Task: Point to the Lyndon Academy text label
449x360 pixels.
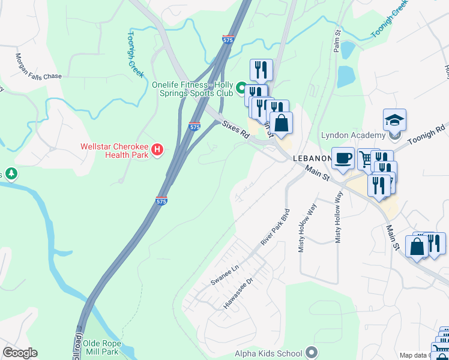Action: (x=355, y=135)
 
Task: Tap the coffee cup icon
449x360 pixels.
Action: (x=343, y=158)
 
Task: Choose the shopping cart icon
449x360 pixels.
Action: (x=365, y=159)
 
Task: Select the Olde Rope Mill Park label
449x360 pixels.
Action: (x=102, y=347)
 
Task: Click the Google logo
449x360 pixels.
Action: (x=20, y=353)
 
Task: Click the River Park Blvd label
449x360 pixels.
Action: (x=276, y=226)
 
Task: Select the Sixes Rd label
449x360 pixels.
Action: (x=235, y=130)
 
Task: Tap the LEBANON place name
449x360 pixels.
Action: (x=312, y=158)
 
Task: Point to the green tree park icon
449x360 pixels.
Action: (x=11, y=174)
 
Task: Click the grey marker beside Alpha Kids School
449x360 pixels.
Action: (x=310, y=352)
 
